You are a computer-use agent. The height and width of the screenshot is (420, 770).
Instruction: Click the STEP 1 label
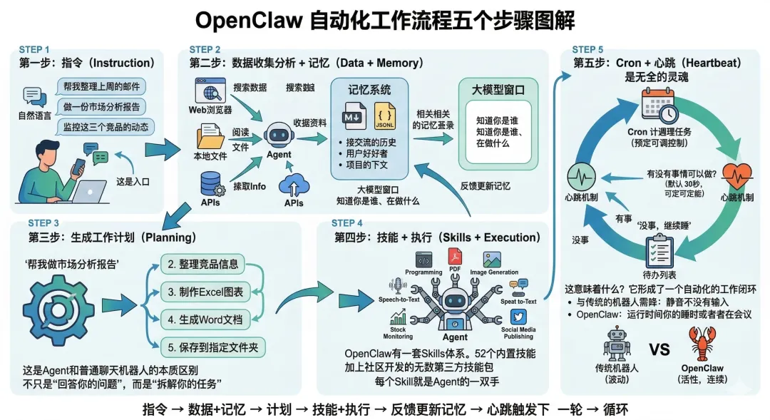[x=34, y=50]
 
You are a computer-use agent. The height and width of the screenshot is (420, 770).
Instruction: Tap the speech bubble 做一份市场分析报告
[x=101, y=106]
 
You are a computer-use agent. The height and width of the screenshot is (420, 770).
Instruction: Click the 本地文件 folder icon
[x=210, y=136]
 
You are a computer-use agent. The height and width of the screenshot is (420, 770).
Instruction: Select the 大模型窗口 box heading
[x=498, y=91]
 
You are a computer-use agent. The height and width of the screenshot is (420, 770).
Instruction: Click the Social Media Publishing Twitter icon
[x=518, y=317]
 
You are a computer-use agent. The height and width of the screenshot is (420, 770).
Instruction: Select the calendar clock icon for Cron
[x=658, y=106]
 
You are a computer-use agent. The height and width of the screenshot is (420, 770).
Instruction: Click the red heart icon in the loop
[x=736, y=175]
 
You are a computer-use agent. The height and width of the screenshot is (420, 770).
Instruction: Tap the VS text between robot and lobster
[x=659, y=349]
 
